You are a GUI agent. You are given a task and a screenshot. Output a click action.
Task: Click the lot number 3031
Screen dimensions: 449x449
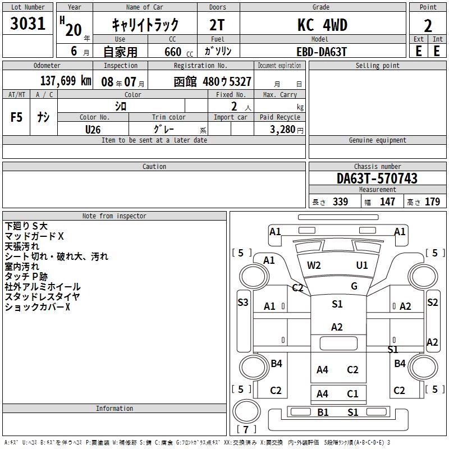point(28,23)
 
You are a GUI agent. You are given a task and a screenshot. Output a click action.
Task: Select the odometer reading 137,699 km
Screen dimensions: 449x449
point(66,81)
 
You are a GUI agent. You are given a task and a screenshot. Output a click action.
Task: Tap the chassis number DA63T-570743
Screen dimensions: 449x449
point(377,178)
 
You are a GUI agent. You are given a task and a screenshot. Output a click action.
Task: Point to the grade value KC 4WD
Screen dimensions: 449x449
point(322,25)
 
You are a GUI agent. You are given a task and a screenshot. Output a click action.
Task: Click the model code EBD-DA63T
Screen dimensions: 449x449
point(322,52)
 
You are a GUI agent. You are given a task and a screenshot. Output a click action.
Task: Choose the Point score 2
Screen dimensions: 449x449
point(428,26)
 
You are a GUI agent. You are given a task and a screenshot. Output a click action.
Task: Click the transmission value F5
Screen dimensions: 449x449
point(16,117)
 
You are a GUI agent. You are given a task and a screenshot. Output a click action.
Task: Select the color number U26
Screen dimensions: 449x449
point(93,130)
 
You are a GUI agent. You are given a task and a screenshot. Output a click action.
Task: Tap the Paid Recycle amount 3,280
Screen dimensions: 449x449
point(282,130)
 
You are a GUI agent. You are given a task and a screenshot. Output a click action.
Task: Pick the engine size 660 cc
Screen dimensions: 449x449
point(178,52)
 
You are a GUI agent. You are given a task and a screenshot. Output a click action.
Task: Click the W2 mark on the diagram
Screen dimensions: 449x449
point(314,265)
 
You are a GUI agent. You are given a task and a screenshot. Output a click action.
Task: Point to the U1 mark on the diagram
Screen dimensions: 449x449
point(362,265)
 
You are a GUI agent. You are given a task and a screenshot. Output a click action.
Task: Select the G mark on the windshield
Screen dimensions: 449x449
point(354,286)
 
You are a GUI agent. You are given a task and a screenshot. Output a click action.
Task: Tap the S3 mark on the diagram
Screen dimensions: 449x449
point(243,302)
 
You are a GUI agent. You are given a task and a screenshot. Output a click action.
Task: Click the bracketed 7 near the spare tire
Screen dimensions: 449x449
point(246,429)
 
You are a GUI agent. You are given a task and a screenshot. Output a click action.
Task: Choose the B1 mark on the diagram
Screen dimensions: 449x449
point(323,413)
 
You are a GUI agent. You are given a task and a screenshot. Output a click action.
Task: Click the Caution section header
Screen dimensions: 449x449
point(154,166)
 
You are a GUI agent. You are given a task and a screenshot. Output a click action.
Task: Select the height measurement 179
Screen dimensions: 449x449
point(432,201)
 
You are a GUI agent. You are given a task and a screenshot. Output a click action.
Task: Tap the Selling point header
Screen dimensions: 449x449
point(377,66)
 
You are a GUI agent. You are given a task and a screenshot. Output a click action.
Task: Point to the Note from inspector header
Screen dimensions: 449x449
point(114,216)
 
